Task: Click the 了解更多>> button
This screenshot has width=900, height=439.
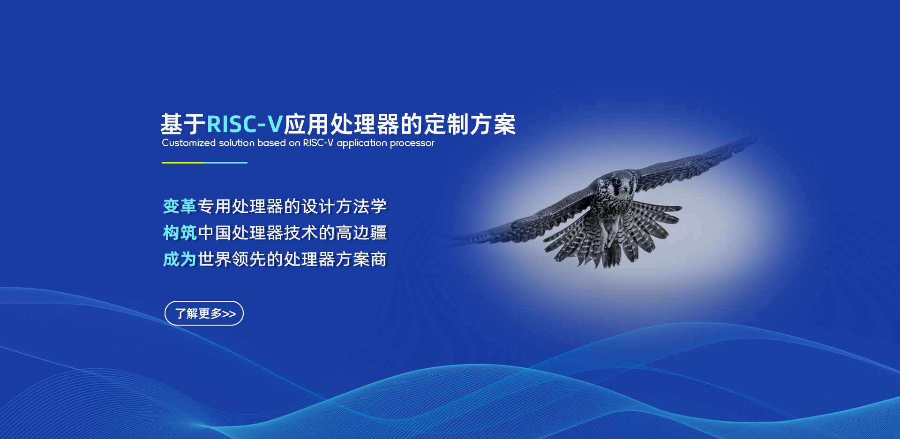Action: pos(204,313)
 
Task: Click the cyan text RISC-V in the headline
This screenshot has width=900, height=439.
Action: pos(244,125)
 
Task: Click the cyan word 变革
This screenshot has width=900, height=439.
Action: pos(180,206)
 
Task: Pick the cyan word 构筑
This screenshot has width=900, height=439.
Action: pos(180,233)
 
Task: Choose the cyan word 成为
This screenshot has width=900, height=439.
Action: pos(180,259)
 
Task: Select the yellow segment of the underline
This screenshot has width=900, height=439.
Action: pos(183,163)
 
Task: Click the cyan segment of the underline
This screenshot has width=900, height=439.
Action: pos(226,163)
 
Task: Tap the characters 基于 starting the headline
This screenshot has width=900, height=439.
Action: pos(183,125)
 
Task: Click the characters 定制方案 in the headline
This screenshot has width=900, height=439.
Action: pos(470,125)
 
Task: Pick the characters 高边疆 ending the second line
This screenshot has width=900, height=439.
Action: pos(361,233)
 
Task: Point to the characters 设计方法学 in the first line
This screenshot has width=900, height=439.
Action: pos(344,206)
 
